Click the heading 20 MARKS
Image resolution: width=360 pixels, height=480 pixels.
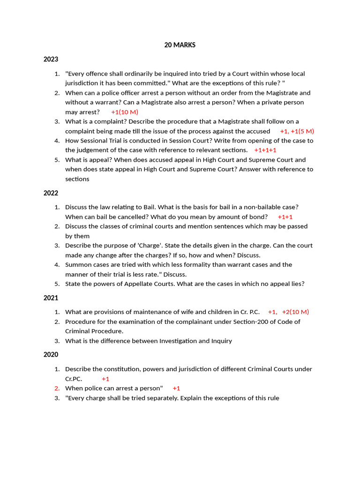(x=180, y=45)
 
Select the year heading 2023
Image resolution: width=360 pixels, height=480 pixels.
(x=51, y=59)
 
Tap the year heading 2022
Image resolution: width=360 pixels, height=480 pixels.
(x=51, y=193)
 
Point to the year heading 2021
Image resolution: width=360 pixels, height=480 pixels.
(x=51, y=298)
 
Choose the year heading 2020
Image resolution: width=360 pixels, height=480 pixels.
(x=51, y=354)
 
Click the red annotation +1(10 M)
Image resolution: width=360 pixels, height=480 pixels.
(x=125, y=112)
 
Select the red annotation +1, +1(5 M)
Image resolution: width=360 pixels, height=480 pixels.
(x=297, y=131)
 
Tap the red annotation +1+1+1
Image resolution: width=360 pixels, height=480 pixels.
(x=265, y=150)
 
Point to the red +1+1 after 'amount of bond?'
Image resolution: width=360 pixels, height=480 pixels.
(x=285, y=217)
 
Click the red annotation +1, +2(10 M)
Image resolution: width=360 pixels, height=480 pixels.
(x=288, y=312)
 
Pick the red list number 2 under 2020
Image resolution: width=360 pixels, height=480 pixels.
(x=57, y=388)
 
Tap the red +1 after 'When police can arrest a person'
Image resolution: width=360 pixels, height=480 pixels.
(x=176, y=388)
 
